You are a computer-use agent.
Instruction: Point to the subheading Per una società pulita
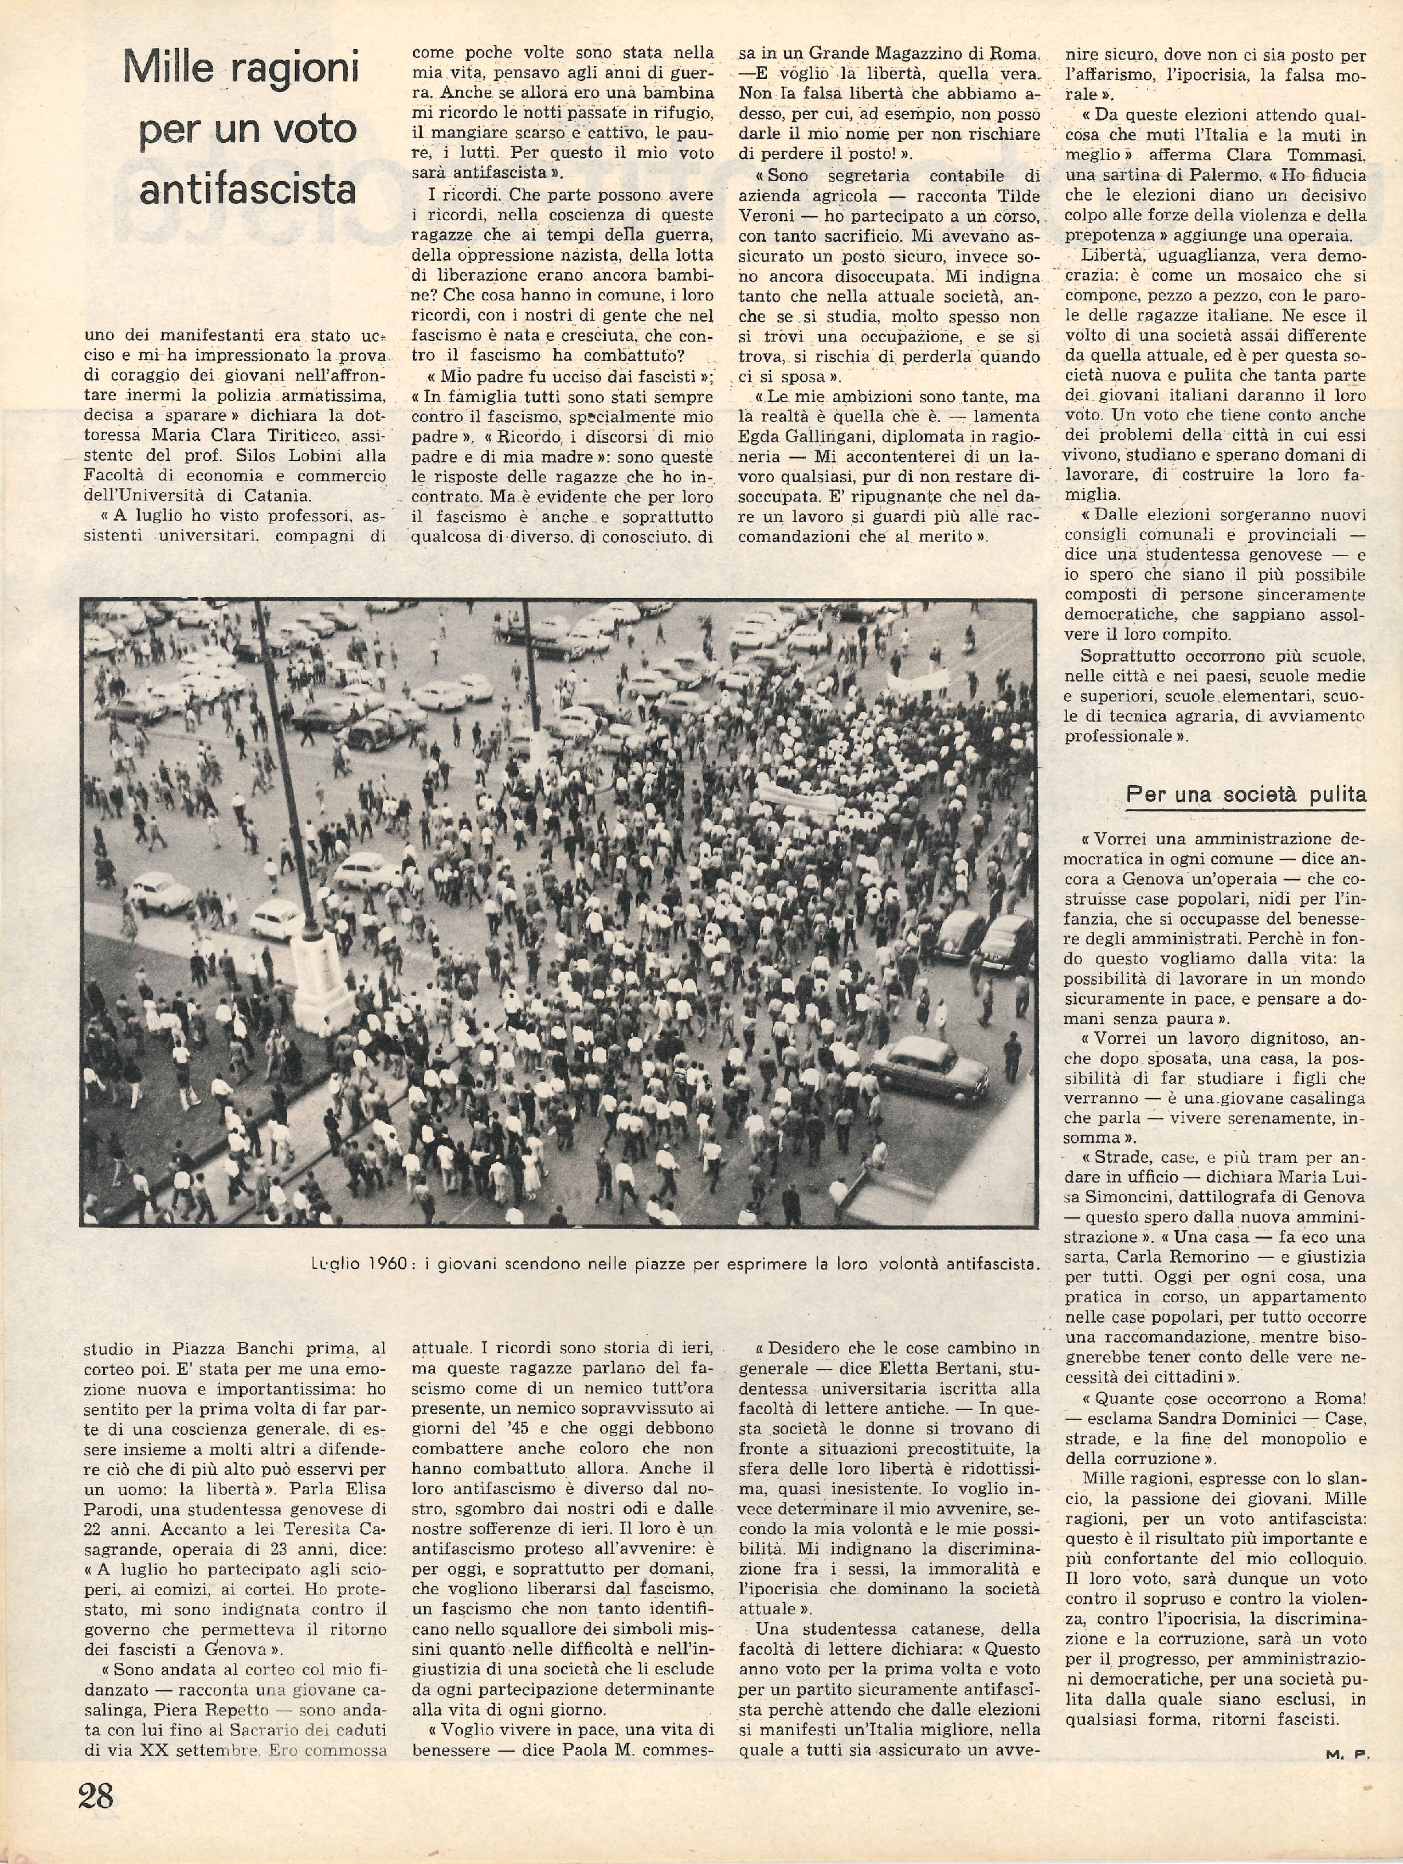click(x=1247, y=794)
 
